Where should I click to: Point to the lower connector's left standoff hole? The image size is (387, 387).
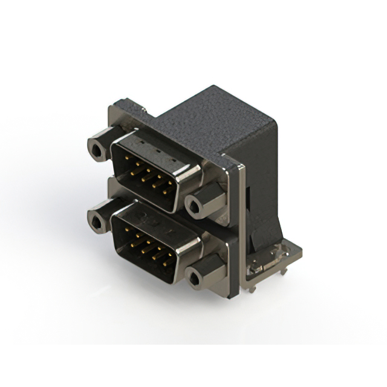(96, 220)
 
